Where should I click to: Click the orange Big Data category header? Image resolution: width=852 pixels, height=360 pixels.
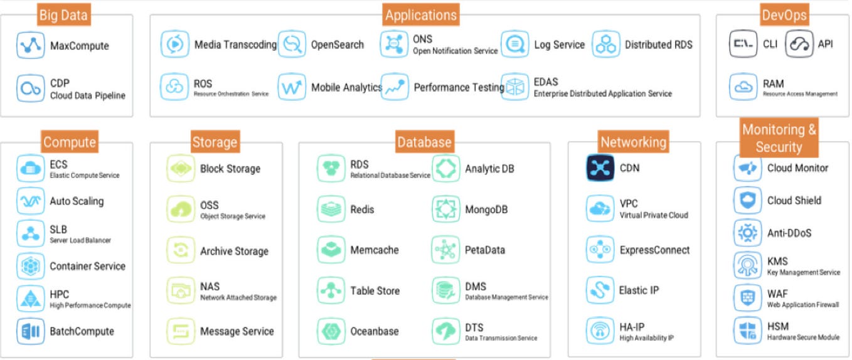[64, 14]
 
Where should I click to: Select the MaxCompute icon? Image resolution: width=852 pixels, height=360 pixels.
[30, 46]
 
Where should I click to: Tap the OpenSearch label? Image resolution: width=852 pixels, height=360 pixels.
[337, 45]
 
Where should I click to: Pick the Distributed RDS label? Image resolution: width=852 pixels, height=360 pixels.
[658, 45]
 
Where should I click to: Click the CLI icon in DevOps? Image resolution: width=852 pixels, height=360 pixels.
[743, 44]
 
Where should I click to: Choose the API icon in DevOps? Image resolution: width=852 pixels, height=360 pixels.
[799, 44]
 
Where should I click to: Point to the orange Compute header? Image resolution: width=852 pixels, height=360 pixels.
[70, 142]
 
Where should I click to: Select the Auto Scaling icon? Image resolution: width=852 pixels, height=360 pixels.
[30, 201]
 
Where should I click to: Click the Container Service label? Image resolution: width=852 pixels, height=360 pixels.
[87, 266]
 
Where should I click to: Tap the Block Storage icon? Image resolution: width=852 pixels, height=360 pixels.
[181, 169]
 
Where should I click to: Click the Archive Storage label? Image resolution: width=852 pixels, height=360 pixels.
[234, 251]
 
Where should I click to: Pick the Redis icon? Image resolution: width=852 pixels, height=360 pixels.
[331, 209]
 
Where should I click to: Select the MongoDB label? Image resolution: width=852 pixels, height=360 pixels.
[486, 209]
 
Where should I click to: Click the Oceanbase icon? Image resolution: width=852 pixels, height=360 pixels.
[331, 331]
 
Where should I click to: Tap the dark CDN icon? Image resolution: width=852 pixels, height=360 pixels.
[600, 168]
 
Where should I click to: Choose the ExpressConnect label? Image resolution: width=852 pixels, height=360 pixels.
[654, 250]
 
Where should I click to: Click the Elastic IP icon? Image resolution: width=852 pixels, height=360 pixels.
[600, 290]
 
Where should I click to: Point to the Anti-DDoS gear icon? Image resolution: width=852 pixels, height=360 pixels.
[747, 233]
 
